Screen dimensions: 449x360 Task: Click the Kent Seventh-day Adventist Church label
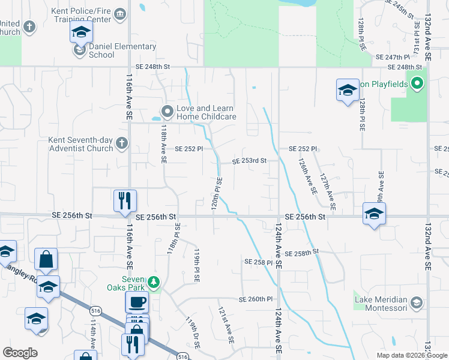(x=80, y=144)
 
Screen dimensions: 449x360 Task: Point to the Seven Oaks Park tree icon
(x=154, y=282)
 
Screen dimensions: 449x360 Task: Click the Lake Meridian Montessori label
(x=381, y=304)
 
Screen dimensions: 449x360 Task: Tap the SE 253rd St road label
(x=249, y=161)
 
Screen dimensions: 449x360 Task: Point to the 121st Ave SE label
(x=226, y=326)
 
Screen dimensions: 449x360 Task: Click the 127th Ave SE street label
(x=328, y=192)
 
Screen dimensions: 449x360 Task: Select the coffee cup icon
(x=137, y=301)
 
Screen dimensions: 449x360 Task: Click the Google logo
(x=20, y=353)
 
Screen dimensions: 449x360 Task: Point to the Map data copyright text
(x=412, y=355)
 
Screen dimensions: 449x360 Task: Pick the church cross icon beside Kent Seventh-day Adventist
(x=122, y=143)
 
